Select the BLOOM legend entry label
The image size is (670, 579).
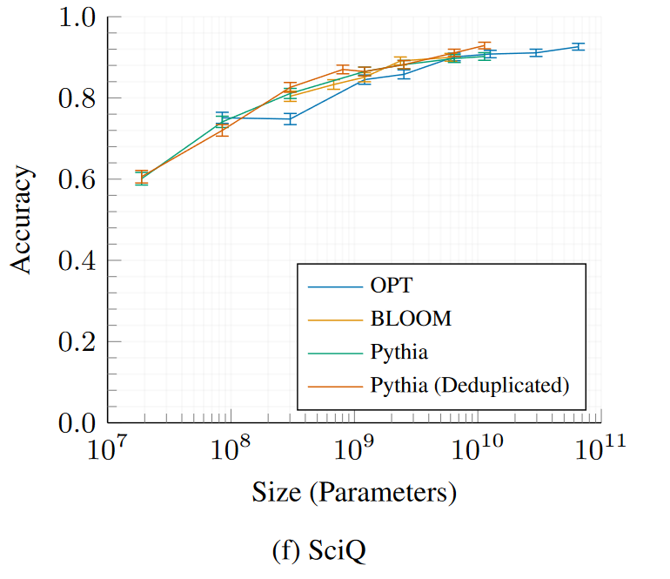pos(411,319)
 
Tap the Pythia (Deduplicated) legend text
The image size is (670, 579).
pos(470,384)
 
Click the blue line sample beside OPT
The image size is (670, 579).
pos(335,286)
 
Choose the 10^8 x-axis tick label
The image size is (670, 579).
pos(231,452)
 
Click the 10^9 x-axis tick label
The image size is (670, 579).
pos(354,452)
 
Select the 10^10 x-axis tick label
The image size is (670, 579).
pos(477,452)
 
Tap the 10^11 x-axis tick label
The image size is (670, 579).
pos(600,452)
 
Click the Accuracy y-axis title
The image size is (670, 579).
pos(23,220)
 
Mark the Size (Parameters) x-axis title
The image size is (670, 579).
pos(354,493)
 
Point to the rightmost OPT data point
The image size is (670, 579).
pos(578,46)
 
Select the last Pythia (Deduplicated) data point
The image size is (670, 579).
pos(485,45)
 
